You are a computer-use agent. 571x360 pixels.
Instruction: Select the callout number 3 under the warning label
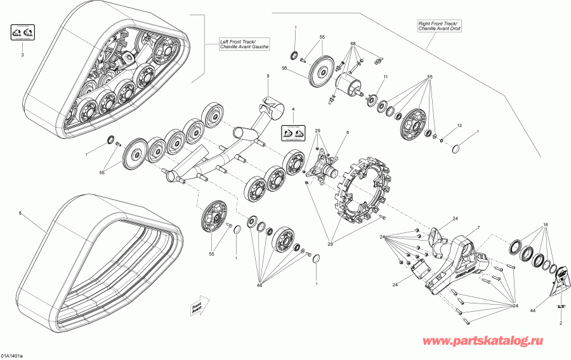point(22,56)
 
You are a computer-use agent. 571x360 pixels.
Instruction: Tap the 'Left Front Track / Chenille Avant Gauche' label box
point(244,44)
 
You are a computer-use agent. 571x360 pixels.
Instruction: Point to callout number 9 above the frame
point(268,76)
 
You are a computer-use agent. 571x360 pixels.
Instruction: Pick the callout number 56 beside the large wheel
point(285,69)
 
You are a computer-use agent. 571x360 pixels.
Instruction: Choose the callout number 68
point(353,44)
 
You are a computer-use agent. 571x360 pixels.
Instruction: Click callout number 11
point(384,77)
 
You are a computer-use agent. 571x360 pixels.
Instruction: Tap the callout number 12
point(459,125)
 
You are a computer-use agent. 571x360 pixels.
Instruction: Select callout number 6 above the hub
point(347,132)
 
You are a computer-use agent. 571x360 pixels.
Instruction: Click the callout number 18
point(545,225)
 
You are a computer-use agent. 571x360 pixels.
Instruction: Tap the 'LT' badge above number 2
point(561,307)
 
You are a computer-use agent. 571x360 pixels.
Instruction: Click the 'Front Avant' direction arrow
point(199,305)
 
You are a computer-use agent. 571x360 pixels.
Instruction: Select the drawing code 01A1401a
point(13,356)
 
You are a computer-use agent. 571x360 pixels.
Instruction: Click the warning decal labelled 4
point(293,133)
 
